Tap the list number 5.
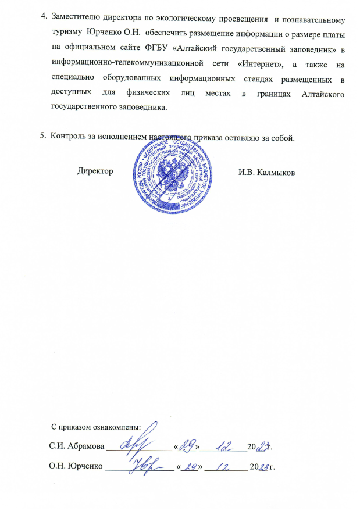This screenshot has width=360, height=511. pyautogui.click(x=42, y=137)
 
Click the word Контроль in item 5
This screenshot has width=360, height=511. pyautogui.click(x=69, y=137)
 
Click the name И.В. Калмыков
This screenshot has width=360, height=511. pyautogui.click(x=267, y=173)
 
